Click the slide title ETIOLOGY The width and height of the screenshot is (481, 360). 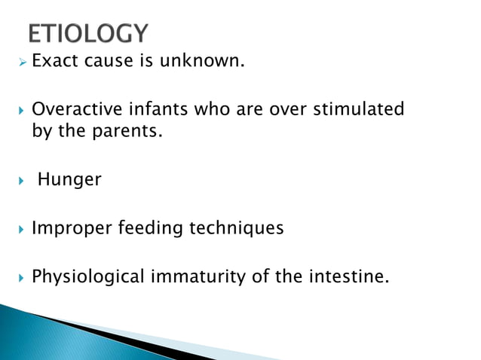tap(88, 33)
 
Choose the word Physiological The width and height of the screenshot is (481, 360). tap(87, 276)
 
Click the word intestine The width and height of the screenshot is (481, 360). tap(351, 276)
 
